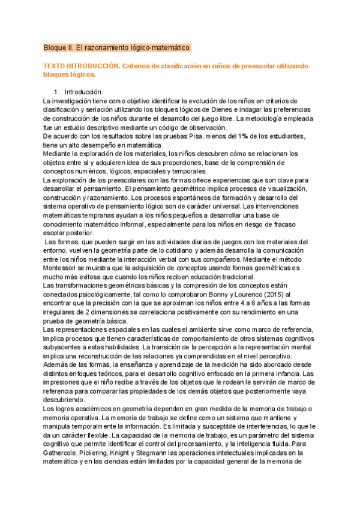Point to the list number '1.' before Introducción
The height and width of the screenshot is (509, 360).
tap(57, 92)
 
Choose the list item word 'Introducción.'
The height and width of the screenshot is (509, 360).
tap(84, 92)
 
